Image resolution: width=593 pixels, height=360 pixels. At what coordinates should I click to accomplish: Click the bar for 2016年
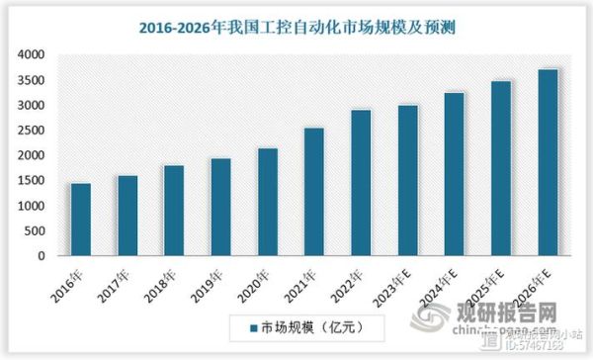coord(81,220)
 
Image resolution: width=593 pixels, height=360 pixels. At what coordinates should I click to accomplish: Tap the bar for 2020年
coord(267,202)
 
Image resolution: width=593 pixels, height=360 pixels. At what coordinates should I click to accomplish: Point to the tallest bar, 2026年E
coord(549,162)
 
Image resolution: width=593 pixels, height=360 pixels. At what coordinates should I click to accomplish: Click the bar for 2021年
coord(313,192)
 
